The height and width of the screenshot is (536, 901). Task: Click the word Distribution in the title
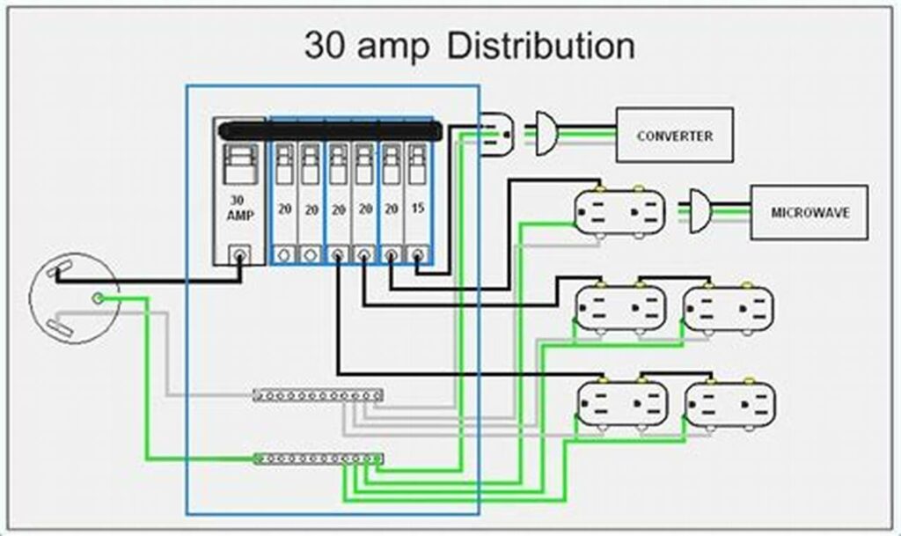(x=541, y=46)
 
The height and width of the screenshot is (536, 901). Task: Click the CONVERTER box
(x=674, y=135)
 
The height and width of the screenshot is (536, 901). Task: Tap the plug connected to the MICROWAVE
(x=699, y=211)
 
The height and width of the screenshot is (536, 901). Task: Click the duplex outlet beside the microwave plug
(x=620, y=212)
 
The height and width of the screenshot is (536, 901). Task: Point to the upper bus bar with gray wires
(x=317, y=395)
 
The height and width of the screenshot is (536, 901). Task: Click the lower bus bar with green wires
(x=318, y=458)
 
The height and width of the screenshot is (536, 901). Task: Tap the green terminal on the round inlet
(x=99, y=299)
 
